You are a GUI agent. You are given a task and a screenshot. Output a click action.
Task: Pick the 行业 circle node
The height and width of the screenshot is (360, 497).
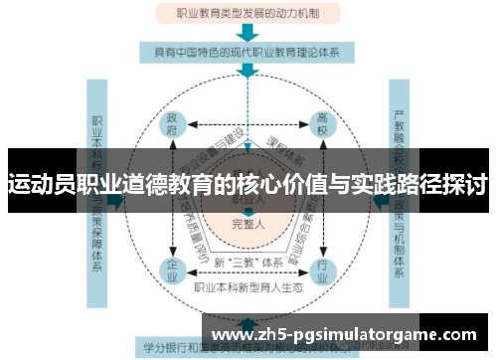click(x=322, y=268)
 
